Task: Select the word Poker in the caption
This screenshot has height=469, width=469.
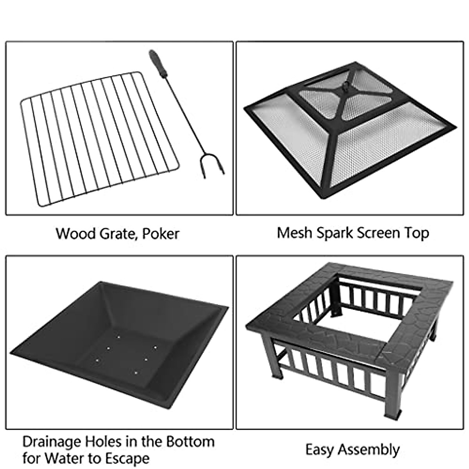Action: (x=161, y=234)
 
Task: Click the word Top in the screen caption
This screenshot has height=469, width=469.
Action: (x=417, y=233)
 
